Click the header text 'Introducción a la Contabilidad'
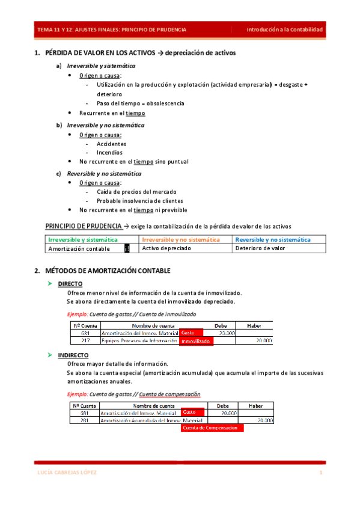click(x=286, y=29)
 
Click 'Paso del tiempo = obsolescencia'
click(x=140, y=103)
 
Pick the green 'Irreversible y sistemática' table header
click(x=83, y=239)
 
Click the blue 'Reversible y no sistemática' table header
click(x=273, y=239)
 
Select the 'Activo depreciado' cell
click(x=166, y=248)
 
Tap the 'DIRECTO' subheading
click(x=70, y=284)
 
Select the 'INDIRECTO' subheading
click(x=73, y=355)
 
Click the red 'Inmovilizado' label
click(x=196, y=341)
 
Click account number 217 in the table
click(x=85, y=340)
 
